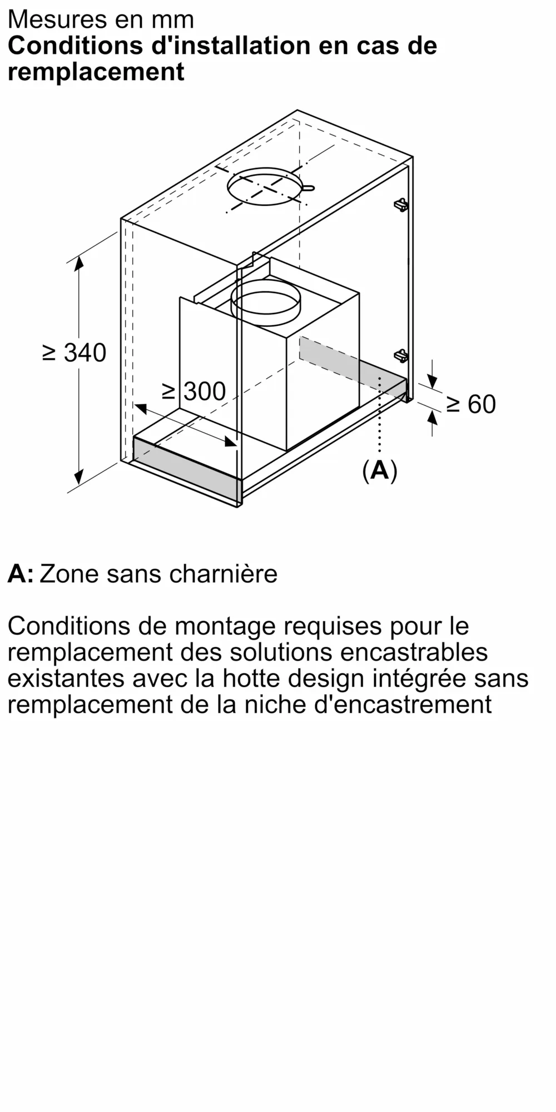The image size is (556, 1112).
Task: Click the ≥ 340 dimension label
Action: pos(75,353)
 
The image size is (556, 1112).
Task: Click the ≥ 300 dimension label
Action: pos(193,391)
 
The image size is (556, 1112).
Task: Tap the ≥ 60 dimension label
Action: pos(470,404)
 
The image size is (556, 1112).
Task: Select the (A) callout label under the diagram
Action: pos(380,471)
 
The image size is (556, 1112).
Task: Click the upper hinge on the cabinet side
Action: pos(401,205)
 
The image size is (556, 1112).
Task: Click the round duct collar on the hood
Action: pos(265,303)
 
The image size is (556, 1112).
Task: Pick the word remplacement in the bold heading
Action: pos(96,72)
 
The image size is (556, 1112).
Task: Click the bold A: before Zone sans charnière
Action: pos(20,574)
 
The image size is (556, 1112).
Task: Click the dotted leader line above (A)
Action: pos(380,417)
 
